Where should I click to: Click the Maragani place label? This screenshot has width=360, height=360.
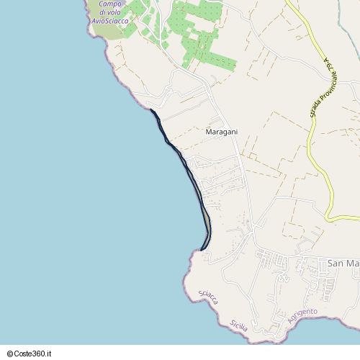[222, 132]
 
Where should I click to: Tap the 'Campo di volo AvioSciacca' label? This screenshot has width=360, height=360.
[110, 12]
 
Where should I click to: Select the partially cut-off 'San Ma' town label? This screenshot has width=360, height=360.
[343, 264]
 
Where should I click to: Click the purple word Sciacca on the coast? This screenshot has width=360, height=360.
[208, 297]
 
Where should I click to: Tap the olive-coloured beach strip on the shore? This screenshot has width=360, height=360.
[207, 220]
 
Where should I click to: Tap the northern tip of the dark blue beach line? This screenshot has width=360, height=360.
[150, 109]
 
